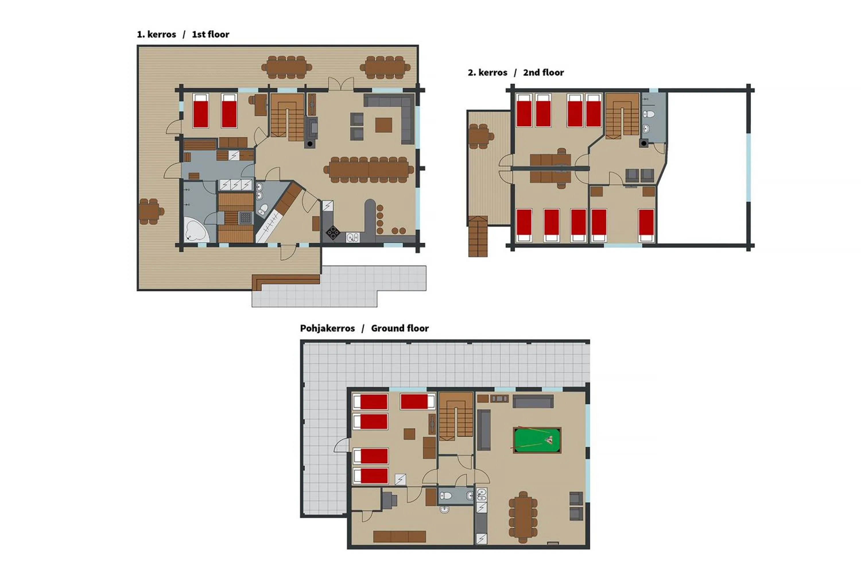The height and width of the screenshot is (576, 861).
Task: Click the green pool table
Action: (537, 440)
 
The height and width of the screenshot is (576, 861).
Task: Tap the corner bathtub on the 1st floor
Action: (196, 230)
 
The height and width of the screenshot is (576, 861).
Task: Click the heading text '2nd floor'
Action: (543, 73)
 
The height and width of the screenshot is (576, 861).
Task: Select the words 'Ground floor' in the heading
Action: (400, 328)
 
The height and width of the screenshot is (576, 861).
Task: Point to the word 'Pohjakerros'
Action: (327, 328)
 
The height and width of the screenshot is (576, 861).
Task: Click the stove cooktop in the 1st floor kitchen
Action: (333, 233)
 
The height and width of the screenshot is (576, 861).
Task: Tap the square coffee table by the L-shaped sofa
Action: (383, 125)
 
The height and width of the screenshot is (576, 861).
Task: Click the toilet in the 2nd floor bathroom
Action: (649, 114)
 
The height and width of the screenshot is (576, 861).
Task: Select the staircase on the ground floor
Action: (456, 416)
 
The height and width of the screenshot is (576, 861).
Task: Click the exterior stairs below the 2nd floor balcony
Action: (478, 237)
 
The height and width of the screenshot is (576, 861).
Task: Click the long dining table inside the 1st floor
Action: (369, 170)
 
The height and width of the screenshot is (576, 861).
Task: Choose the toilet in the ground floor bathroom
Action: (446, 496)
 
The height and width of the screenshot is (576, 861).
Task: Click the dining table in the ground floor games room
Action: (523, 517)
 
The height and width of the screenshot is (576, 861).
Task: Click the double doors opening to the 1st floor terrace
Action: (341, 84)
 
